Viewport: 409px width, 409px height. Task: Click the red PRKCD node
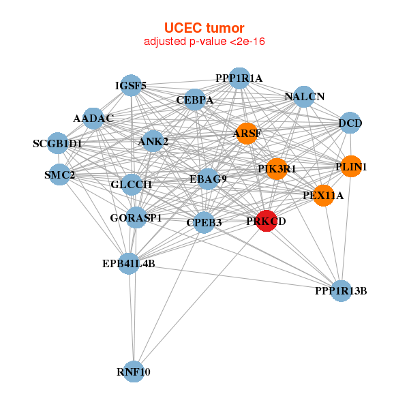[266, 221]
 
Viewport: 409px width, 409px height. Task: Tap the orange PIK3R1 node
[276, 168]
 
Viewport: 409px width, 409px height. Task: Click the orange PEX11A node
[323, 196]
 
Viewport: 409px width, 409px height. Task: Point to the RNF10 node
[134, 372]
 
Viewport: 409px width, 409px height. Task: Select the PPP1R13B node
[341, 291]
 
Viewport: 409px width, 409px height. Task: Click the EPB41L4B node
[129, 263]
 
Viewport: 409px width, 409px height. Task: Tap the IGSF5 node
[130, 86]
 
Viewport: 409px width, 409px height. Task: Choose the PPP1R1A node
[239, 78]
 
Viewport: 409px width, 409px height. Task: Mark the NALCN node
[305, 97]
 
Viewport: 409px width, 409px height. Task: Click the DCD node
[350, 123]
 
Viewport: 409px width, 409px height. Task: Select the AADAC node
[93, 119]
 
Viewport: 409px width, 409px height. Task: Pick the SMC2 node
[60, 175]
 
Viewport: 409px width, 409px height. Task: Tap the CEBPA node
[195, 100]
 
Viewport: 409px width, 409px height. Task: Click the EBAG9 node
[208, 179]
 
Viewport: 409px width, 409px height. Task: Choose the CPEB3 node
[204, 222]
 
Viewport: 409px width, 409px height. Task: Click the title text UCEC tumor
[204, 28]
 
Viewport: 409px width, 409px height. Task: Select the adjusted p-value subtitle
[204, 42]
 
